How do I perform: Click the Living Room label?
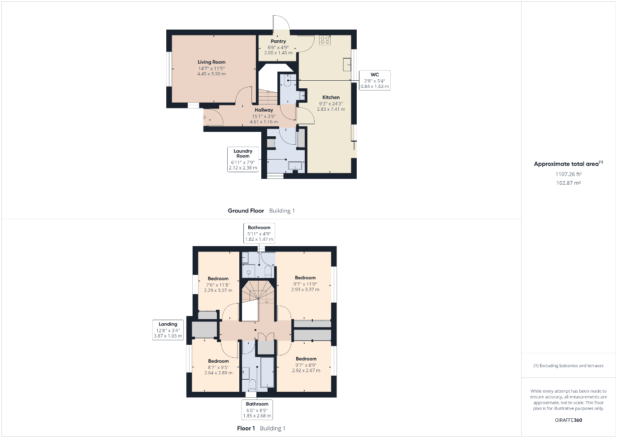[212, 62]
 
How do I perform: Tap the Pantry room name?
[278, 41]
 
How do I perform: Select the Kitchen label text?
[331, 97]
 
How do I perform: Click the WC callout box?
[375, 80]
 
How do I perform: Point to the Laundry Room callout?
[243, 159]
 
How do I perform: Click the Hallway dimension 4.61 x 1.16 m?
[264, 121]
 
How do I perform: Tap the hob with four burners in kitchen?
[325, 40]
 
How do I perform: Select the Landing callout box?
[168, 330]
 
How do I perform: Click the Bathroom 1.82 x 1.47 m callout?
[259, 233]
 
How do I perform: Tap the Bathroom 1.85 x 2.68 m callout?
[257, 410]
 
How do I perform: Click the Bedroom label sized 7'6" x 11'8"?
[218, 278]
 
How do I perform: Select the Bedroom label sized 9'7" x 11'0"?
[305, 278]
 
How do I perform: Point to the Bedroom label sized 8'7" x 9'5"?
[218, 361]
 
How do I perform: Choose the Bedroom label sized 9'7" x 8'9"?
[306, 359]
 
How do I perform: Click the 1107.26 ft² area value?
[569, 174]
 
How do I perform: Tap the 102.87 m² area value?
[569, 183]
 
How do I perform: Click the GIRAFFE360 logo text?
[568, 421]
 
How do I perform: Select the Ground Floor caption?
[246, 211]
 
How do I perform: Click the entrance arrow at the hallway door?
[204, 117]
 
